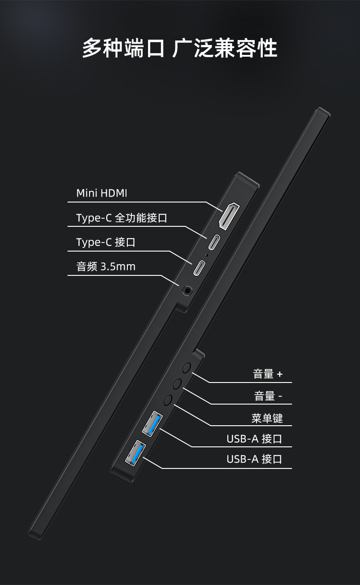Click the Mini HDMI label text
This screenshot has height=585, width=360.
coord(102,193)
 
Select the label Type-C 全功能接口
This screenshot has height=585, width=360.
coord(121,218)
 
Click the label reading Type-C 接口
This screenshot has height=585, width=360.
coord(106,243)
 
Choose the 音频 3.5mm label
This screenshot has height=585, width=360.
coord(106,266)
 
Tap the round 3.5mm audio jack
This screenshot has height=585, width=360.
coord(186,290)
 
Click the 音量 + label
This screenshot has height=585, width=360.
coord(268,374)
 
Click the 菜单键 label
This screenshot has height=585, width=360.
coord(267,418)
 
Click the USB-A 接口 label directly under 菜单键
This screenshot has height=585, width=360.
coord(254,439)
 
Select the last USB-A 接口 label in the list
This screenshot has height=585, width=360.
coord(254,459)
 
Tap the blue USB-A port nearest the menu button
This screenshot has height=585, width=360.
coord(151,423)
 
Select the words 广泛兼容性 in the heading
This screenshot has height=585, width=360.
coord(225,48)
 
